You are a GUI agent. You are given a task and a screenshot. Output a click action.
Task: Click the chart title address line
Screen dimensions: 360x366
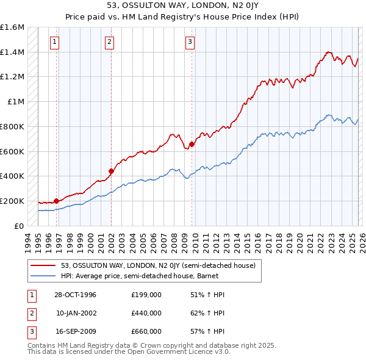[x=182, y=5]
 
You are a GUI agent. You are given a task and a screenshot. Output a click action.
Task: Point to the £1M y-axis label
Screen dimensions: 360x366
[x=16, y=102]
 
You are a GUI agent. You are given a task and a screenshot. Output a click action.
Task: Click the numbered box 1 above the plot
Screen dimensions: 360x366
[x=55, y=42]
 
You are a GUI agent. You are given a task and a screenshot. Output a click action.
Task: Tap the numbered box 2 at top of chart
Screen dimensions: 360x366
[x=109, y=42]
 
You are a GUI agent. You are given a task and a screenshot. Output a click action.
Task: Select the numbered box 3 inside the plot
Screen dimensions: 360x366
[x=190, y=42]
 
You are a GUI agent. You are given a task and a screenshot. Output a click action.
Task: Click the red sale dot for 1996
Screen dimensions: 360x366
[x=56, y=200]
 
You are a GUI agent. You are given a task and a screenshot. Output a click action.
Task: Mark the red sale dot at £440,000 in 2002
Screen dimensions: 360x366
[x=112, y=171]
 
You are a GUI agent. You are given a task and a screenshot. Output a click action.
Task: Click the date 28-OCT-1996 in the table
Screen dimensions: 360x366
[x=75, y=295]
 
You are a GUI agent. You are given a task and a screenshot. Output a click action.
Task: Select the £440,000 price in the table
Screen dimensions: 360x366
[x=146, y=313]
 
